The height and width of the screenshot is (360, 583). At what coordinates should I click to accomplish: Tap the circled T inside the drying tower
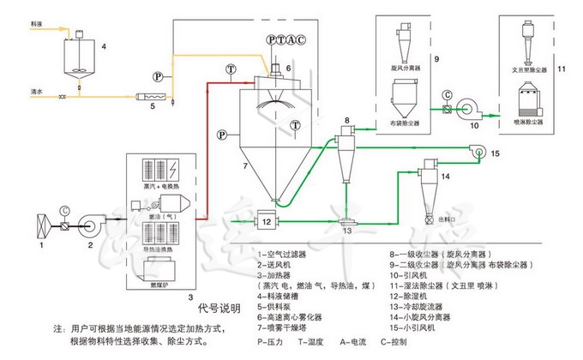(x=295, y=125)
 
